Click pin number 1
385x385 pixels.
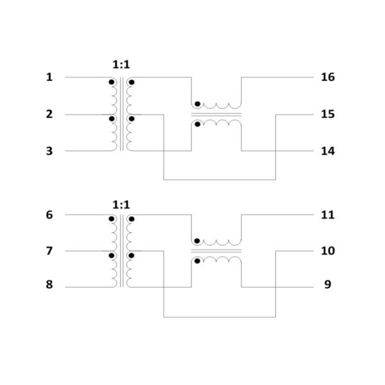(x=49, y=78)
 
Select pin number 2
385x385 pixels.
(x=49, y=114)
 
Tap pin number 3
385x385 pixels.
(x=49, y=151)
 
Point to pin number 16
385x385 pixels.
(x=327, y=78)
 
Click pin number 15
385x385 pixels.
(x=327, y=114)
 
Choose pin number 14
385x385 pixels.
(x=327, y=151)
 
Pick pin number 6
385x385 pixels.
(x=49, y=215)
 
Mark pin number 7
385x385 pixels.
(x=49, y=251)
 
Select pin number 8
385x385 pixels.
(x=49, y=284)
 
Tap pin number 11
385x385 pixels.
(x=327, y=215)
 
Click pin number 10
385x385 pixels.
(x=327, y=251)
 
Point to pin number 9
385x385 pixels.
(x=327, y=284)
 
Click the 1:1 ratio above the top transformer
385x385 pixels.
(x=121, y=64)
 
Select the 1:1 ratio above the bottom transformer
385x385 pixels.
(x=121, y=205)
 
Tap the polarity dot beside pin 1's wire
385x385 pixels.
(x=111, y=82)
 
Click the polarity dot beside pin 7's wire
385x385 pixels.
(x=111, y=255)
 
